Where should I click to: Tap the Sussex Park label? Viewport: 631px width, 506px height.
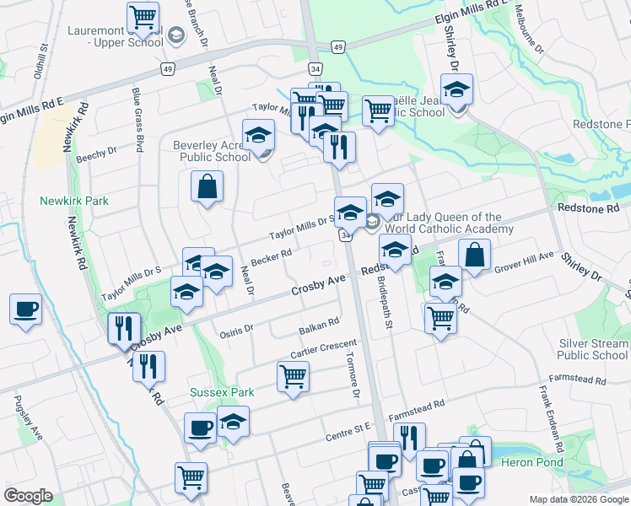pyautogui.click(x=222, y=392)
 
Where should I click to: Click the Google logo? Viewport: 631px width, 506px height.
pyautogui.click(x=28, y=496)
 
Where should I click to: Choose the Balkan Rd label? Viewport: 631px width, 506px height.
pyautogui.click(x=319, y=324)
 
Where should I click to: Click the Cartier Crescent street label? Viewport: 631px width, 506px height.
pyautogui.click(x=323, y=348)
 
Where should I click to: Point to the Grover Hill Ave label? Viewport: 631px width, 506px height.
pyautogui.click(x=524, y=260)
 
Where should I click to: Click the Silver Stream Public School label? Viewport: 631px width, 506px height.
pyautogui.click(x=593, y=349)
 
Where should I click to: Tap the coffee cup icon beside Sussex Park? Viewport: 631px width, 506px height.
pyautogui.click(x=200, y=428)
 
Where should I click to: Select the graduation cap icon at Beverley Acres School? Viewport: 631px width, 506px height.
pyautogui.click(x=258, y=134)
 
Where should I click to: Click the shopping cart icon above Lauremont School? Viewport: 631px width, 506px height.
pyautogui.click(x=143, y=16)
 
